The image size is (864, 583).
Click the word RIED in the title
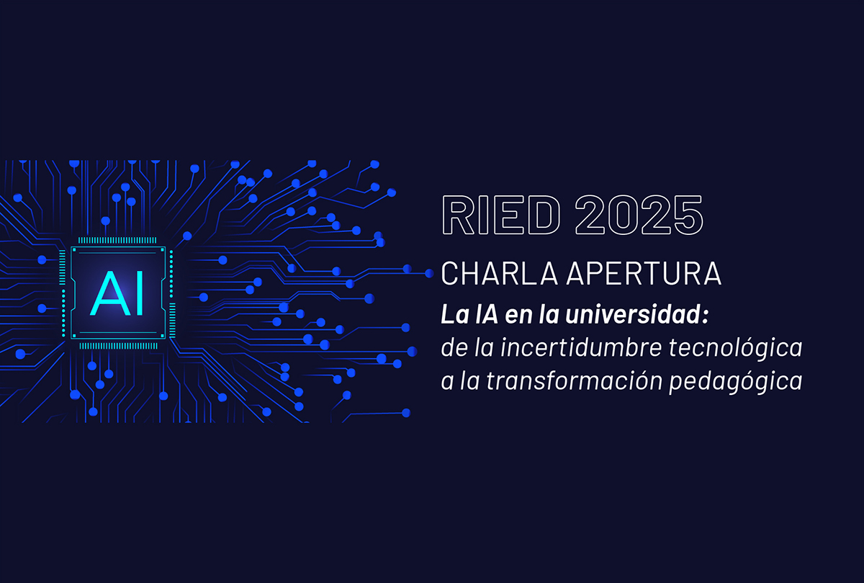coord(501,215)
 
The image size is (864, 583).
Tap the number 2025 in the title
coord(639,215)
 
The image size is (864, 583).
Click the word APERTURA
coord(644,273)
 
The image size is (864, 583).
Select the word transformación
coord(574,380)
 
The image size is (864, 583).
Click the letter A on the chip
coord(109,293)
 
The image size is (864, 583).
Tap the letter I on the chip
coord(140,293)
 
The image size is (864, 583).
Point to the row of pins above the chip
coord(117,240)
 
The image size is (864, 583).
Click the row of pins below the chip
coord(118,346)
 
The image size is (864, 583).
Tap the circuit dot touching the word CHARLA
coord(429,273)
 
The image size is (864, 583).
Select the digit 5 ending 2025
coord(688,215)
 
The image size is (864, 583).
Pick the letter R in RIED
coord(458,215)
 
